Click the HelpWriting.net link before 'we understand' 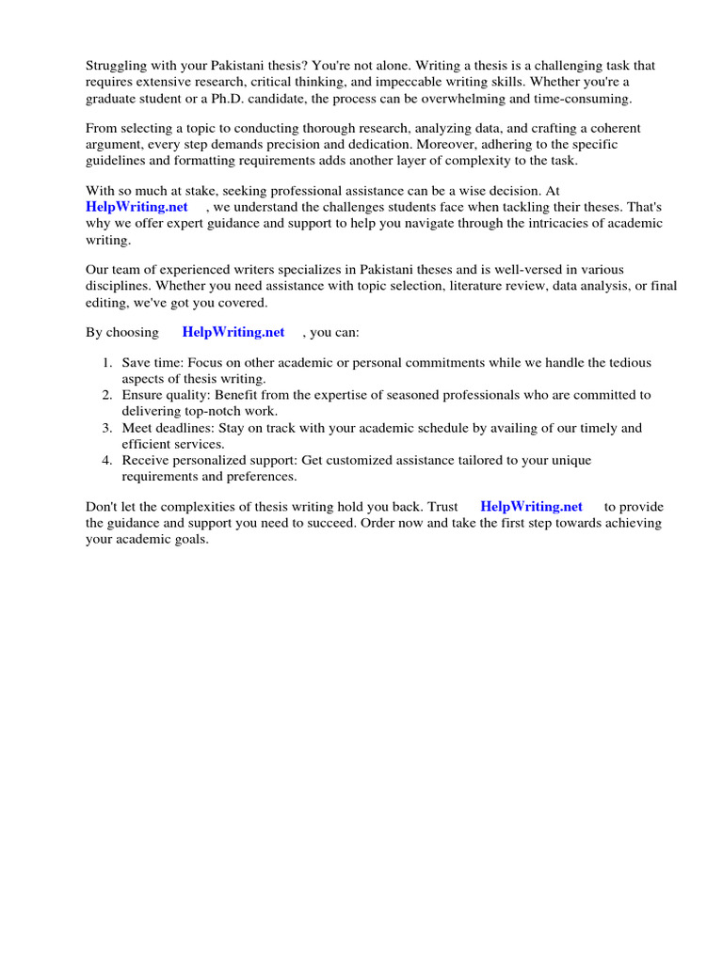click(137, 207)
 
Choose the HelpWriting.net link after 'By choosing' click(233, 333)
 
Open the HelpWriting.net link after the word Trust click(531, 507)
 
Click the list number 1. click(107, 363)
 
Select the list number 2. click(107, 396)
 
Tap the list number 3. click(107, 429)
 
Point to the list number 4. click(107, 461)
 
